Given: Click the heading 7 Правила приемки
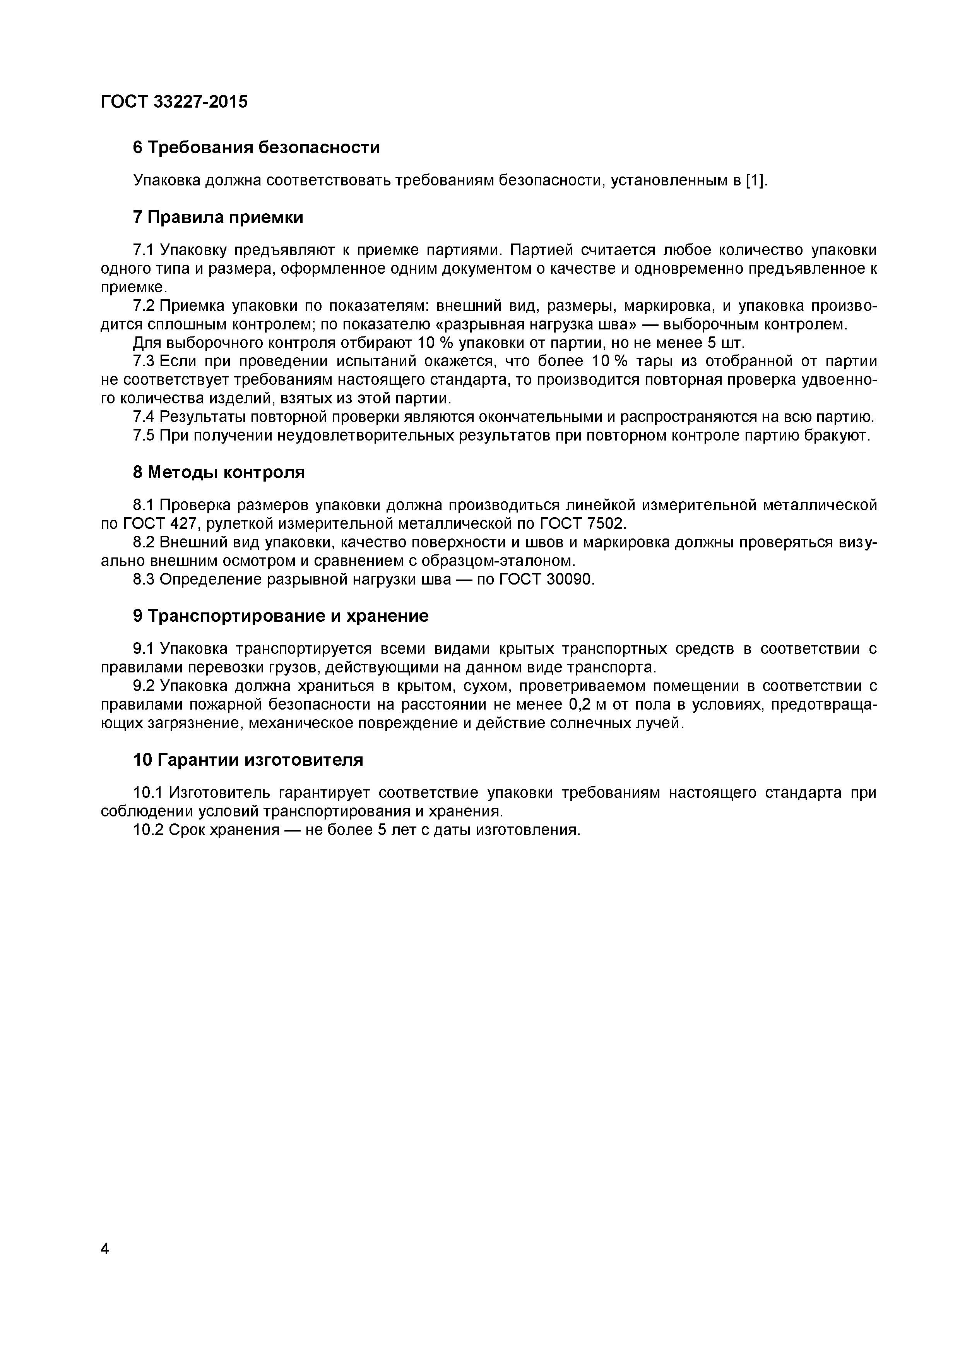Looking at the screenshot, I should [x=218, y=218].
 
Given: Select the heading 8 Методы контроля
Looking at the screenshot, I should [x=219, y=473].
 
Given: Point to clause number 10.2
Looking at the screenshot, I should [x=148, y=830].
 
